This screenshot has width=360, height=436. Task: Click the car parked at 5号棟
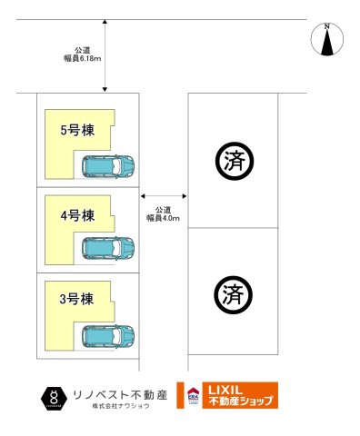coord(108,166)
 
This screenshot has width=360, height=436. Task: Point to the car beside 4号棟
coord(108,248)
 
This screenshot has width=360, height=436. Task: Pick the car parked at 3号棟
coord(108,336)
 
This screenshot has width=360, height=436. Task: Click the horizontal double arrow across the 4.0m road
coord(164,194)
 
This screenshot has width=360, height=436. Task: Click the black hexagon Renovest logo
coord(55,396)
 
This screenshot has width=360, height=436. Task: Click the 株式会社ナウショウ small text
coord(120,406)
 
